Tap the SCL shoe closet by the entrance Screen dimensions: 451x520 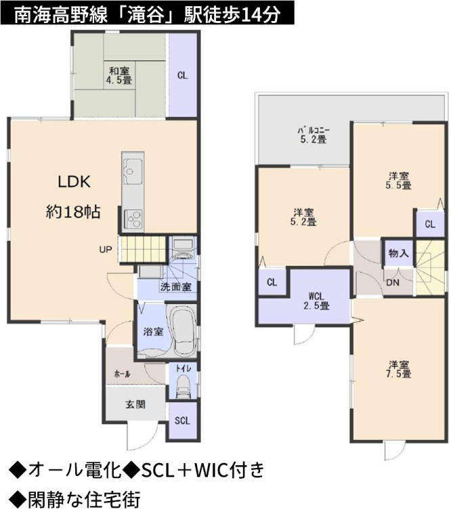(182, 420)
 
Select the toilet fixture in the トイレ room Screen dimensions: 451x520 (184, 387)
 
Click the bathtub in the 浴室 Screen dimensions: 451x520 (182, 332)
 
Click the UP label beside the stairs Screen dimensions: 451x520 (106, 249)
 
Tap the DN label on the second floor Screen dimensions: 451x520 (393, 283)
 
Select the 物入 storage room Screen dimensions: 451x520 (398, 253)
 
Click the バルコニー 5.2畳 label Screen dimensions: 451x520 (314, 135)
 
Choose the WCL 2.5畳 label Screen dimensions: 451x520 (317, 301)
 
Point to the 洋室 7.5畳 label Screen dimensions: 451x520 (399, 370)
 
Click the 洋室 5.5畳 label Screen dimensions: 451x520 (399, 181)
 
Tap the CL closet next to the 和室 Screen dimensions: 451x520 (182, 75)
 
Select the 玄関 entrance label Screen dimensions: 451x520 (135, 405)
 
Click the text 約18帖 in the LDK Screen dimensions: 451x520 (73, 212)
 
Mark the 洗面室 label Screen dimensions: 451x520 (176, 287)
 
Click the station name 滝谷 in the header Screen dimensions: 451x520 (150, 15)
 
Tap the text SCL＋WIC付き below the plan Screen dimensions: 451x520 (202, 471)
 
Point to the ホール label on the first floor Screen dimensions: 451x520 (122, 374)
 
